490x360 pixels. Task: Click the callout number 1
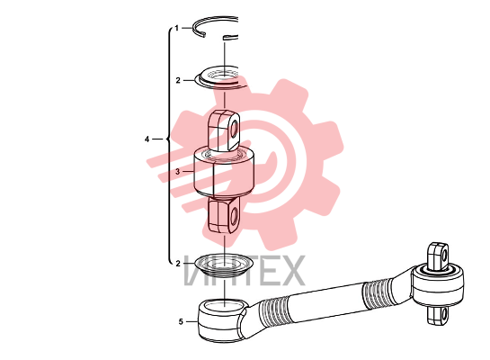[x=177, y=29]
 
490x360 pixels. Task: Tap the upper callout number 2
[x=178, y=81]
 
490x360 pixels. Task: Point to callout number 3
[x=178, y=172]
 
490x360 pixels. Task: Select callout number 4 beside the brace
[x=147, y=139]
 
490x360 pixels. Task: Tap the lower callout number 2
[x=178, y=264]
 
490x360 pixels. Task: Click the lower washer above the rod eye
[x=224, y=265]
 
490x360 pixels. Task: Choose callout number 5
[x=181, y=322]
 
